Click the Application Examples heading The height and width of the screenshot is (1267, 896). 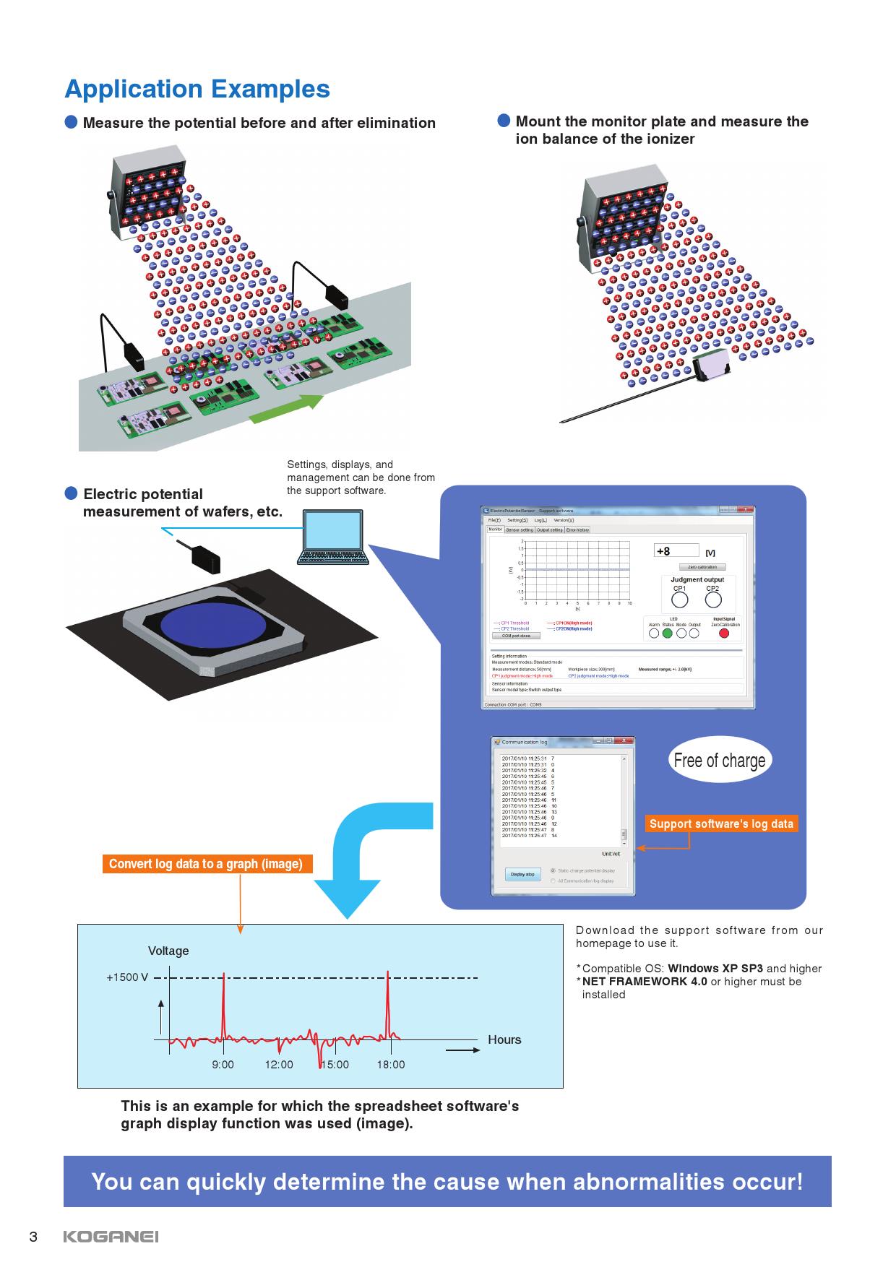click(x=197, y=89)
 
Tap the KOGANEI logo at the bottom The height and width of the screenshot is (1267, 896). click(x=111, y=1237)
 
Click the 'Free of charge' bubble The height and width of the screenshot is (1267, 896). click(x=719, y=760)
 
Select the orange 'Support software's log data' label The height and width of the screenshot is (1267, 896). click(x=721, y=823)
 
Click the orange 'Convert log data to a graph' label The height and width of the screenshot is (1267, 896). click(x=206, y=864)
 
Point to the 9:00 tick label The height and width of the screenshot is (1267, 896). click(x=223, y=1065)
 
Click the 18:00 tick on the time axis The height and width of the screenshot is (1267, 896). click(x=390, y=1065)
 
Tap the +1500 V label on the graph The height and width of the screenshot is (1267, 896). click(x=127, y=977)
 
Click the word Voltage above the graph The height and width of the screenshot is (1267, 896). click(x=168, y=951)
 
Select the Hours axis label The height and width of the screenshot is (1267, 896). click(x=504, y=1039)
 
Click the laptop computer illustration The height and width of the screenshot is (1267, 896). click(x=333, y=538)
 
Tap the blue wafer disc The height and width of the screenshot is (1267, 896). click(x=216, y=625)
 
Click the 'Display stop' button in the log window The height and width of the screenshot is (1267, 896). click(x=522, y=874)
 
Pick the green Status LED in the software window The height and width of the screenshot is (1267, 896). click(x=668, y=633)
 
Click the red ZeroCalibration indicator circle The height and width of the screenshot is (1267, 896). click(x=725, y=633)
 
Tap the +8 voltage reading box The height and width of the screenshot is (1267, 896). click(x=677, y=551)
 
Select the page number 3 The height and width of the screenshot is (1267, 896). click(x=33, y=1237)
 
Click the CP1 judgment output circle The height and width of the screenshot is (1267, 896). click(x=679, y=600)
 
